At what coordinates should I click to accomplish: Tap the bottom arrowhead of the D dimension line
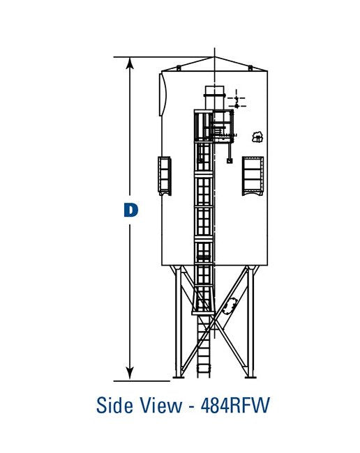130,374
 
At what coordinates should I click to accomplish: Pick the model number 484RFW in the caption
234,405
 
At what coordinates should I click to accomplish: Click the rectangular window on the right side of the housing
253,175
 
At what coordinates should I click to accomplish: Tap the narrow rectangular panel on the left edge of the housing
165,176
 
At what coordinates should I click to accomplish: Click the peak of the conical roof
214,57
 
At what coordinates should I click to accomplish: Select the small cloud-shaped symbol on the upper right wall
257,137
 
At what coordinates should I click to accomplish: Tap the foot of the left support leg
177,377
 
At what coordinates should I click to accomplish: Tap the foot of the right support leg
253,377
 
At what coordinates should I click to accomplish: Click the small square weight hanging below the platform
230,160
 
